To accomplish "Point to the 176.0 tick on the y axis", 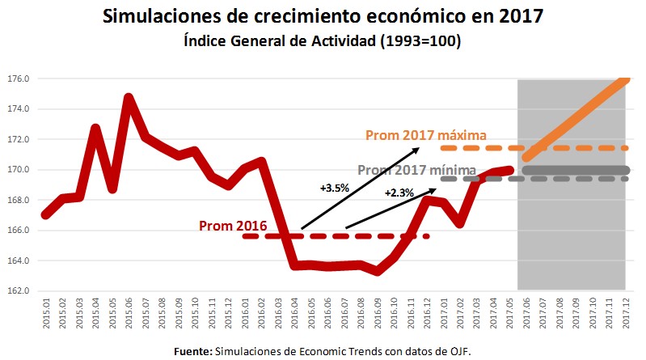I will click(19, 79).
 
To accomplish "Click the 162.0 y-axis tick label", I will click(19, 291).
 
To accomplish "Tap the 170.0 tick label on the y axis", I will click(19, 170).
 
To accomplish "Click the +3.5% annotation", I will click(334, 188).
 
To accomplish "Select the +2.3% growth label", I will click(400, 193).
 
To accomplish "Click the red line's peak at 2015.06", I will click(129, 97).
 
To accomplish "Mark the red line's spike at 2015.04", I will click(95, 128).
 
